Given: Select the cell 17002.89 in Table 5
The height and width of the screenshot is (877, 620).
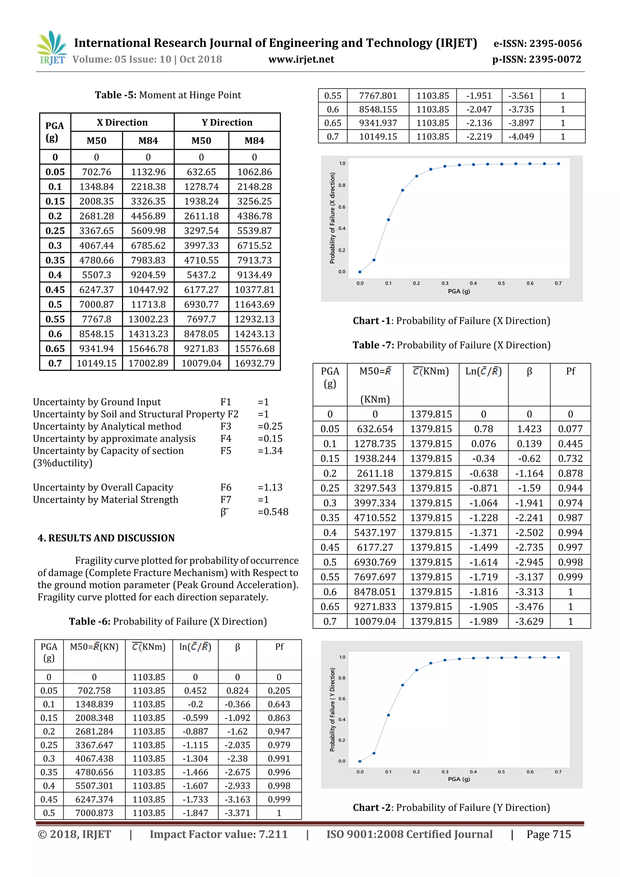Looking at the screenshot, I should [148, 363].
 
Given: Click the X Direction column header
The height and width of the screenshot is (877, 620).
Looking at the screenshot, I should [122, 122].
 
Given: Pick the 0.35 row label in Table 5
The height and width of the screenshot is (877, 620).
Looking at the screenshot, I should [55, 260].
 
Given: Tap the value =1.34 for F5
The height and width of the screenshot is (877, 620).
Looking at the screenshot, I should [270, 451].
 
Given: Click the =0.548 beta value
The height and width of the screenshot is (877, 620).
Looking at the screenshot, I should [273, 512].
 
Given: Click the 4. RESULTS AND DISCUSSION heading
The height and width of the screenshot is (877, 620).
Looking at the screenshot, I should [106, 538].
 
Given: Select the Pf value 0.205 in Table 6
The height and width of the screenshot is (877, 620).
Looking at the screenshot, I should [279, 691].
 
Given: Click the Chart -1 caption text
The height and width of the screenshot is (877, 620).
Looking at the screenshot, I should [451, 321].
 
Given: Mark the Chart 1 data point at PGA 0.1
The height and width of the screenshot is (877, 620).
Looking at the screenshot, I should [388, 220].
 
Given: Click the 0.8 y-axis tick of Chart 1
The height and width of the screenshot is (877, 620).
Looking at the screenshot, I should [341, 185].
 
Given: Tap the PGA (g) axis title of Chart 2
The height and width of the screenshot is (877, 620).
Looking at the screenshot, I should [459, 779].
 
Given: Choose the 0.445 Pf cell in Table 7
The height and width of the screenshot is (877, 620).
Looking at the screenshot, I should [570, 443].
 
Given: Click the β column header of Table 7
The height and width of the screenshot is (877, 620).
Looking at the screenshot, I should [529, 371].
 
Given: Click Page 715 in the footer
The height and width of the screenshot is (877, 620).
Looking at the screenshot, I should [548, 834].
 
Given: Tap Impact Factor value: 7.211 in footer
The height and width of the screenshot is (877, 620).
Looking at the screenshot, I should [219, 834].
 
